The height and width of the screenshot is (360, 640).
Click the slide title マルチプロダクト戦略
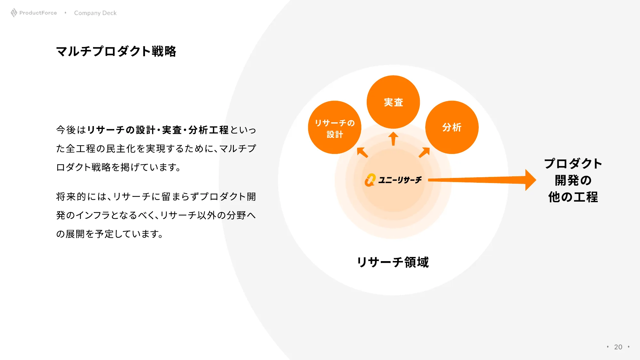pyautogui.click(x=116, y=51)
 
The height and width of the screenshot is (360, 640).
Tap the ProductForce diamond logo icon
pyautogui.click(x=14, y=13)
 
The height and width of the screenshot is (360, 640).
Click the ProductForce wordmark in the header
pyautogui.click(x=38, y=13)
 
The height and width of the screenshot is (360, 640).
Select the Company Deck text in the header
pyautogui.click(x=95, y=13)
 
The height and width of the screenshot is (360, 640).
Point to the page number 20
pyautogui.click(x=618, y=347)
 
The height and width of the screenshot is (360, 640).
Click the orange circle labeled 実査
pyautogui.click(x=393, y=102)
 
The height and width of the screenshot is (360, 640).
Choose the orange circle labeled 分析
pyautogui.click(x=452, y=127)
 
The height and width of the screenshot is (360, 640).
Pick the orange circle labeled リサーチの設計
pyautogui.click(x=335, y=127)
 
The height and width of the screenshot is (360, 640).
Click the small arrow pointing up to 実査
pyautogui.click(x=393, y=139)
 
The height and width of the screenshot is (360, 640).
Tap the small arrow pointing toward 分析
pyautogui.click(x=424, y=152)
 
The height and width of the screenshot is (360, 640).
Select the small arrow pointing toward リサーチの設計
pyautogui.click(x=362, y=152)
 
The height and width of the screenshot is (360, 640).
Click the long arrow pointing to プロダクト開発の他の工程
pyautogui.click(x=482, y=180)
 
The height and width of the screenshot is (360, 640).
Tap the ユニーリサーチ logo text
pyautogui.click(x=400, y=180)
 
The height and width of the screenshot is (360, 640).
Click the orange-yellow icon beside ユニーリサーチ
pyautogui.click(x=370, y=180)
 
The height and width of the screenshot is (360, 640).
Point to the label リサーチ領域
pyautogui.click(x=393, y=262)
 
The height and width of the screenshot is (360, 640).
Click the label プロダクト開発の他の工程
pyautogui.click(x=573, y=180)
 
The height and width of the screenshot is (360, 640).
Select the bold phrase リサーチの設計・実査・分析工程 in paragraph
pyautogui.click(x=158, y=130)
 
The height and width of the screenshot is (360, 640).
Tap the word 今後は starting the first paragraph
pyautogui.click(x=71, y=130)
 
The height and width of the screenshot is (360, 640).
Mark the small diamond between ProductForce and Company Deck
pyautogui.click(x=65, y=13)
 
